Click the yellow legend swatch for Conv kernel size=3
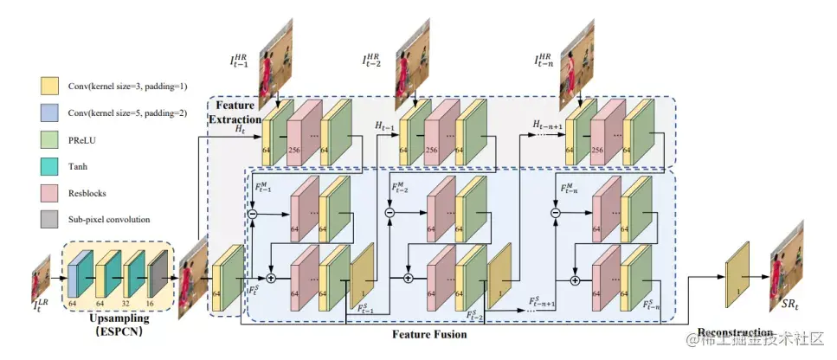(49, 85)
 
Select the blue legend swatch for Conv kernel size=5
(49, 112)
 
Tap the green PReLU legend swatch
(49, 139)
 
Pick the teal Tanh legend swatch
(49, 167)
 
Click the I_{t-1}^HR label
(239, 61)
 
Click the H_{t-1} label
(384, 125)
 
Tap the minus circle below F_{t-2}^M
(389, 212)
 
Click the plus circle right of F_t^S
(270, 279)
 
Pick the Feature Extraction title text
(235, 111)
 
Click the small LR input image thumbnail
(42, 277)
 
